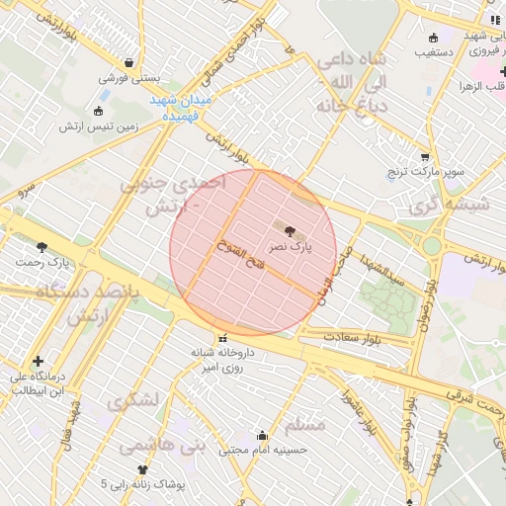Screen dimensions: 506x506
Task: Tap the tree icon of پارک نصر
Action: (x=289, y=229)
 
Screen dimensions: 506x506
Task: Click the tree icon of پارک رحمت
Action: (x=42, y=247)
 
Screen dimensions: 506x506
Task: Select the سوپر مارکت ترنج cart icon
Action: (x=425, y=156)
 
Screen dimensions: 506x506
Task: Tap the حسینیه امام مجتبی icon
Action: (x=262, y=435)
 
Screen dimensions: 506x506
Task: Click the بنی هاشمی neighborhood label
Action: (x=162, y=447)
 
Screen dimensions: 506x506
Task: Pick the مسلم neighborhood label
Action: (x=304, y=425)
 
